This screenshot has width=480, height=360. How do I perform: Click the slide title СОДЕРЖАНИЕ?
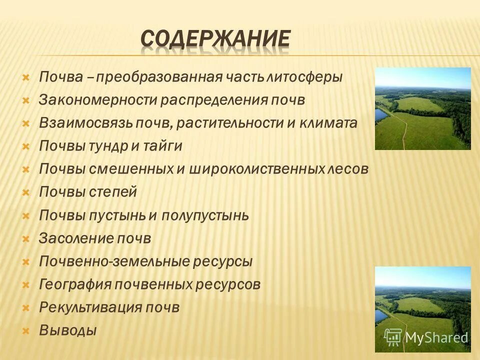tap(215, 39)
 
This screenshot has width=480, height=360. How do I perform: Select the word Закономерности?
tap(98, 100)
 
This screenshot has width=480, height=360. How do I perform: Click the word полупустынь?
tap(205, 215)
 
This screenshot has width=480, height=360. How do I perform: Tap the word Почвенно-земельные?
tap(107, 261)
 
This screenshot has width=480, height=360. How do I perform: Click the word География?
tap(75, 284)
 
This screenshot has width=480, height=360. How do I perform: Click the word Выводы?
tap(67, 330)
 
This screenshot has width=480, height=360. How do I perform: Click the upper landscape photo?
tap(422, 108)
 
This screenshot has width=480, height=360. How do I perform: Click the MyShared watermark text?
tap(436, 337)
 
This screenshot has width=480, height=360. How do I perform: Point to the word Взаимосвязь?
tap(85, 123)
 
